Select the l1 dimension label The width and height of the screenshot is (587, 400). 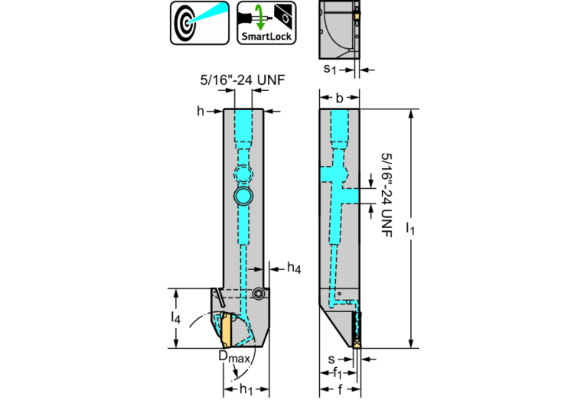pyautogui.click(x=411, y=230)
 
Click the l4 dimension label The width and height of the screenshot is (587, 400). pyautogui.click(x=178, y=317)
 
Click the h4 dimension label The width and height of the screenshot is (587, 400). pyautogui.click(x=294, y=268)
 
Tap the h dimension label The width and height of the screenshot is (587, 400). pyautogui.click(x=201, y=112)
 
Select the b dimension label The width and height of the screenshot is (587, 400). pyautogui.click(x=339, y=98)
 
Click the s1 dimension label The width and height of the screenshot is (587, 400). pyautogui.click(x=329, y=70)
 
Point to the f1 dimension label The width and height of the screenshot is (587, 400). pyautogui.click(x=337, y=373)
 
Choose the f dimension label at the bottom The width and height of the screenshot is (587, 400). pyautogui.click(x=337, y=389)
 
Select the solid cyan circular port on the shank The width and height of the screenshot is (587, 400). pyautogui.click(x=244, y=196)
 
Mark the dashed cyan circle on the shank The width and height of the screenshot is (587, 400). pyautogui.click(x=243, y=174)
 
